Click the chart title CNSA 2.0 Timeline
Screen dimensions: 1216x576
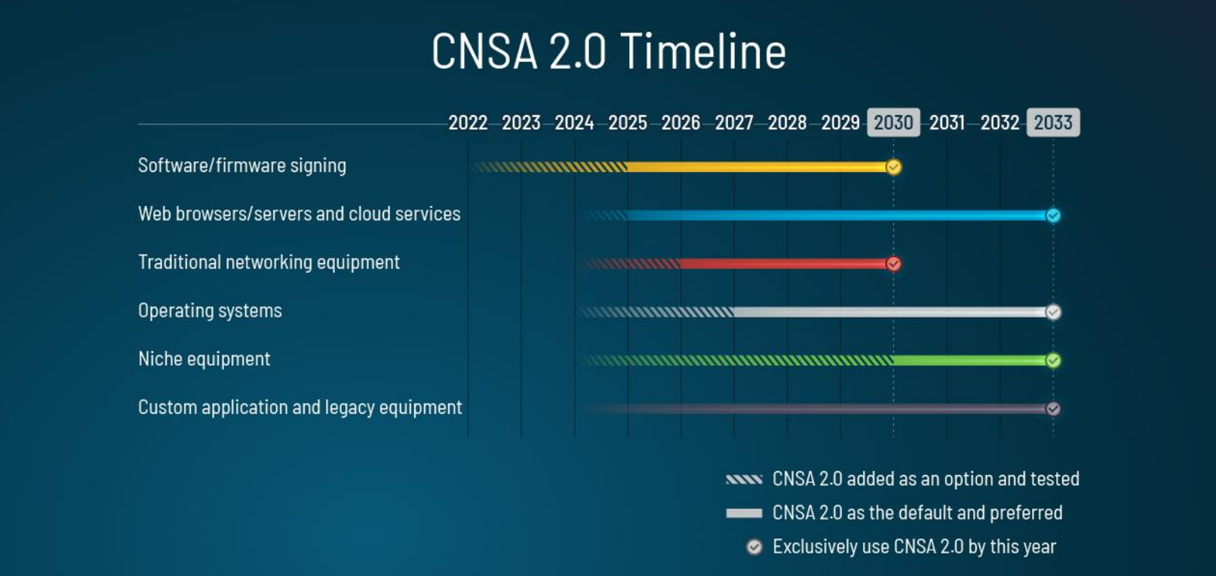click(x=609, y=51)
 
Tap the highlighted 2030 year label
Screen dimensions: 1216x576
click(x=894, y=123)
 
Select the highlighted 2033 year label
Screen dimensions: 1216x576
click(x=1053, y=123)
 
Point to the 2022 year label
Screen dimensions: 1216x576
click(x=468, y=123)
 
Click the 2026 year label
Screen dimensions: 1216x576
click(x=680, y=123)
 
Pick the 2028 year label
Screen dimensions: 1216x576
click(x=787, y=123)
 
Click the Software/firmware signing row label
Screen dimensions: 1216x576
click(x=242, y=165)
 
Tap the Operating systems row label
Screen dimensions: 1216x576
click(x=210, y=311)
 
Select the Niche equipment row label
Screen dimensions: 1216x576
click(x=204, y=359)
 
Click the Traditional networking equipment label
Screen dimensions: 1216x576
click(x=269, y=262)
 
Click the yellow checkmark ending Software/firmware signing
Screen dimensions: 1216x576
click(x=894, y=167)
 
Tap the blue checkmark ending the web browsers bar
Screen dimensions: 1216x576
click(x=1053, y=216)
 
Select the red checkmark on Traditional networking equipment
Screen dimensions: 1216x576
click(x=894, y=264)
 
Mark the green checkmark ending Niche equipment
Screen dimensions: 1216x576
click(x=1053, y=360)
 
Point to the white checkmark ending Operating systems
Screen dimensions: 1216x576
click(x=1053, y=312)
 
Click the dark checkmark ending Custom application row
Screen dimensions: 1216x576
click(x=1053, y=409)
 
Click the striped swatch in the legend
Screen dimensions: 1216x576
click(x=745, y=479)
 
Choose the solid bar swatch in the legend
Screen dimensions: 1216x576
click(x=745, y=513)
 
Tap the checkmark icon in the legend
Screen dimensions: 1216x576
click(x=754, y=547)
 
